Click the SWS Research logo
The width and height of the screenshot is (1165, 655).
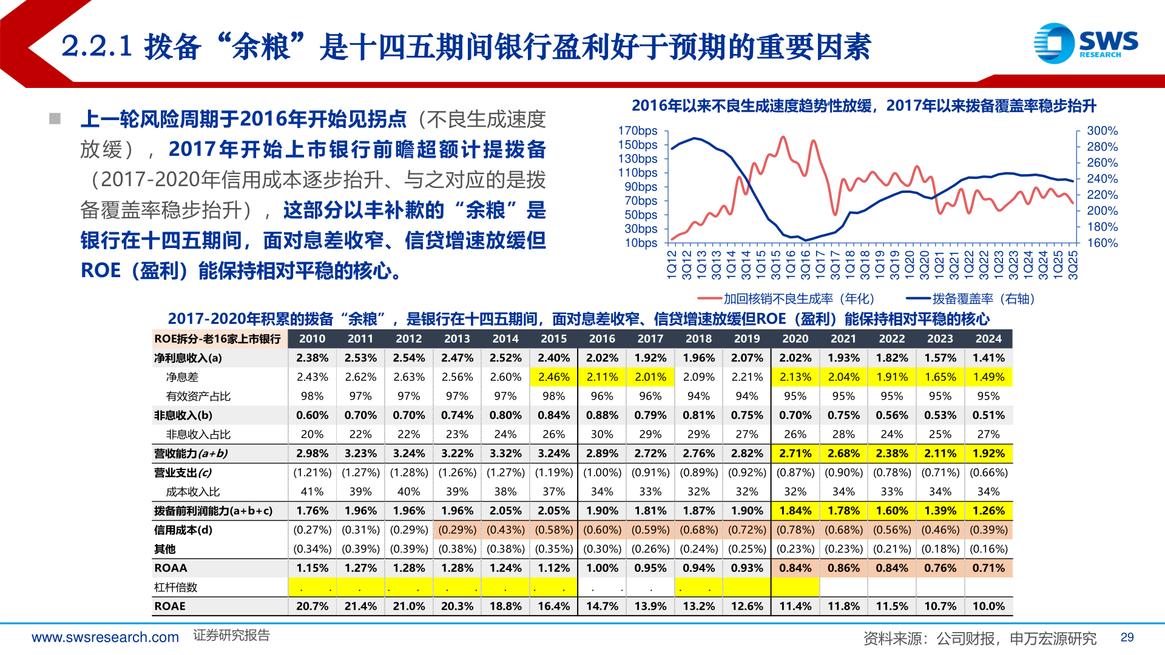1086,43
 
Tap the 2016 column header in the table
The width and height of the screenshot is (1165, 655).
602,339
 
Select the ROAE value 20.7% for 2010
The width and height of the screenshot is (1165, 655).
312,606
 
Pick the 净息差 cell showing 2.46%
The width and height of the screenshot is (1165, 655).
553,377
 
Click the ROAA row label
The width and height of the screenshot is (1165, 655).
171,568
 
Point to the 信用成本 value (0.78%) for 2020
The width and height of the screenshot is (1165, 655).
795,530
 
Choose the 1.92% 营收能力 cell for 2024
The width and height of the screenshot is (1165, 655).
988,454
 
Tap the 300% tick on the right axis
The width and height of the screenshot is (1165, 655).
1102,131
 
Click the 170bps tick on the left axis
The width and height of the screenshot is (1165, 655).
638,131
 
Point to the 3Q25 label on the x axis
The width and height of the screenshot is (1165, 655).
1073,265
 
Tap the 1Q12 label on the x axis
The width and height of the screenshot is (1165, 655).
672,265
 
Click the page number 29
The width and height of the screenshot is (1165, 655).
1127,637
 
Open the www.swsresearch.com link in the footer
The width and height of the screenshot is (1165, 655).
105,637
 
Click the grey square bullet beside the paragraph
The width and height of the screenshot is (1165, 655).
55,119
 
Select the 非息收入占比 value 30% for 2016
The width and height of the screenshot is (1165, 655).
602,435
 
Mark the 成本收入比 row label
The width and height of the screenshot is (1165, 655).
192,492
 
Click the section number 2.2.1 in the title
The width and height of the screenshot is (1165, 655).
97,47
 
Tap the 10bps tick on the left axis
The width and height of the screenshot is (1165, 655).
641,243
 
